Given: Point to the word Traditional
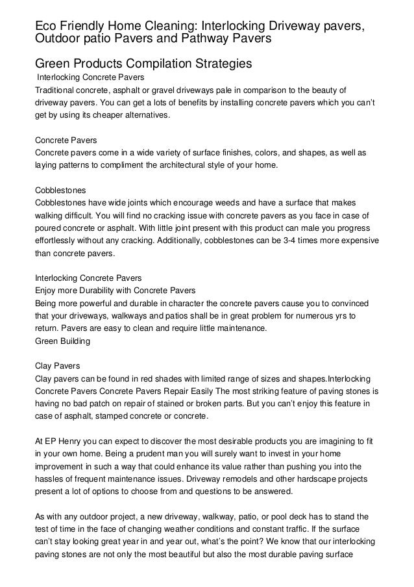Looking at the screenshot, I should tap(56, 90).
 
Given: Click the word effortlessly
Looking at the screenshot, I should tap(59, 241).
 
